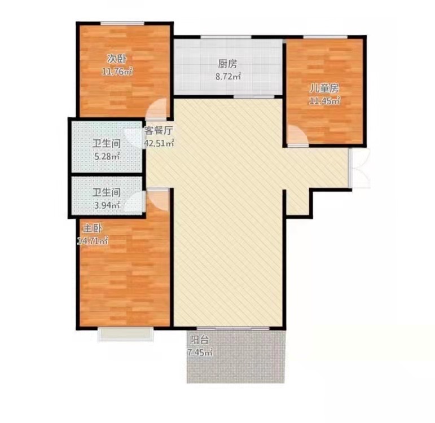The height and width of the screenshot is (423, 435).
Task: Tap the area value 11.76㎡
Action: [117, 71]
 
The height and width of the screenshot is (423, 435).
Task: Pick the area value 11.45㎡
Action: [324, 101]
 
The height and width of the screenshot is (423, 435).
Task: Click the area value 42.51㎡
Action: [159, 143]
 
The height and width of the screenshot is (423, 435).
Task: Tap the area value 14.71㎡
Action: [93, 241]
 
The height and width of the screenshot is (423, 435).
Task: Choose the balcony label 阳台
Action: [199, 340]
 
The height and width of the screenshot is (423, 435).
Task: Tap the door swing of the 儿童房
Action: [295, 134]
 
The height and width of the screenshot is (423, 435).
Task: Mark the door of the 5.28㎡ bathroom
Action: [134, 138]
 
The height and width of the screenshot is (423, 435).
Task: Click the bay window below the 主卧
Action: [125, 334]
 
